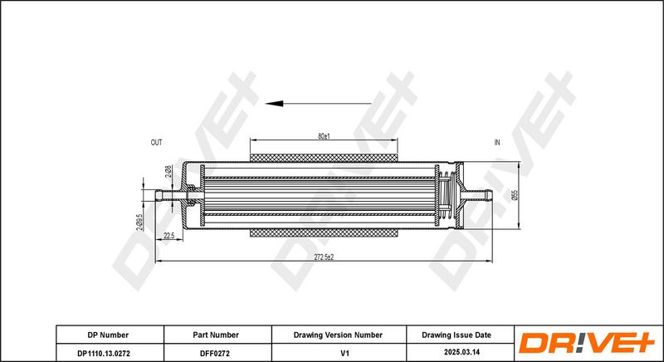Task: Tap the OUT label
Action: pos(156,143)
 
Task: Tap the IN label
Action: pos(497,143)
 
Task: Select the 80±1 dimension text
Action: pos(324,135)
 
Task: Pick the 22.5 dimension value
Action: pos(169,237)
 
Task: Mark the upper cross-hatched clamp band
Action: pos(324,156)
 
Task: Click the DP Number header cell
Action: pos(108,335)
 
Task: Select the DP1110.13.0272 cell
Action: pos(108,352)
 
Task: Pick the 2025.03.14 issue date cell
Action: pos(456,352)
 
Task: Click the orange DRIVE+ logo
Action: pos(587,343)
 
